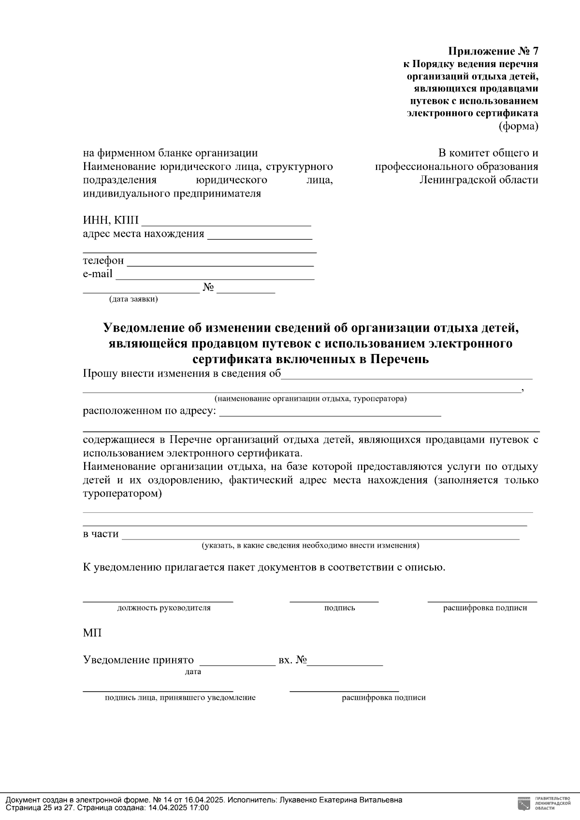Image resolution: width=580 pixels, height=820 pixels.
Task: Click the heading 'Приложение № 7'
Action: click(493, 51)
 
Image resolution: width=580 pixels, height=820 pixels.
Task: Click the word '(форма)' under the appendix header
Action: click(518, 127)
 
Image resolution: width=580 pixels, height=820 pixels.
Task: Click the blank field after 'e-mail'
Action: click(215, 278)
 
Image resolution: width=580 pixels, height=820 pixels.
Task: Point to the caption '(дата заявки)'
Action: click(133, 299)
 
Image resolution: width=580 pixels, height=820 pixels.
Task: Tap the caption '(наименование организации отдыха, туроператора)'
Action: click(310, 399)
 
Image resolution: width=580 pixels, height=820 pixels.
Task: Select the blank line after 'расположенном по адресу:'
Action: click(330, 415)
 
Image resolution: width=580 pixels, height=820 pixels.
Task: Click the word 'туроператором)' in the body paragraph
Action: click(122, 494)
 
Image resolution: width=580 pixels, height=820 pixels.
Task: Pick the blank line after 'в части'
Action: click(320, 537)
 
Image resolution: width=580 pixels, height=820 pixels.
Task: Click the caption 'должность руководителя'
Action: click(164, 608)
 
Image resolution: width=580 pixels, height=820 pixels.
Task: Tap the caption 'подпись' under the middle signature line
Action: click(339, 608)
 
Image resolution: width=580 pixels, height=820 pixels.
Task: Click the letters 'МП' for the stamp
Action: click(92, 633)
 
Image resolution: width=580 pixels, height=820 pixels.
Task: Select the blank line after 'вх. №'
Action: click(346, 665)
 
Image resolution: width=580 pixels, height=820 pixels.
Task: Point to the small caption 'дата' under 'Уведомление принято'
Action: click(193, 672)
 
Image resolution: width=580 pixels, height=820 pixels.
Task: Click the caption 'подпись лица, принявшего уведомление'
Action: click(180, 698)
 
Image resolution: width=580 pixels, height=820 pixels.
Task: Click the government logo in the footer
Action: click(523, 803)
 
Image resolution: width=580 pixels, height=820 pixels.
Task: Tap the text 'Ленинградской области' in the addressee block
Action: click(478, 180)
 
